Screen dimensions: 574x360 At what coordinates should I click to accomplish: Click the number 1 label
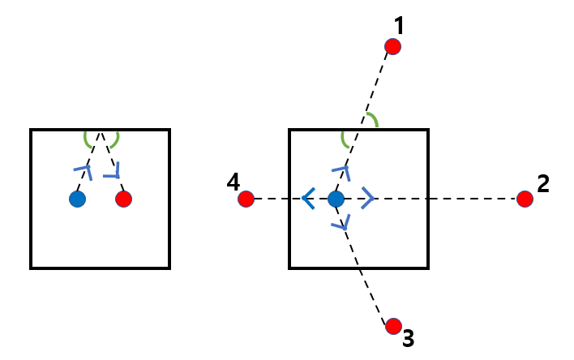coord(398,26)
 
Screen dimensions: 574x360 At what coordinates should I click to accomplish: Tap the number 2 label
coord(543,183)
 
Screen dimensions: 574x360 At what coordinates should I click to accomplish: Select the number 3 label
coord(409,338)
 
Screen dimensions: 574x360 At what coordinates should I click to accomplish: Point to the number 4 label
coord(233,183)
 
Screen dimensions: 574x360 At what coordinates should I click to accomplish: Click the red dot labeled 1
coord(392,47)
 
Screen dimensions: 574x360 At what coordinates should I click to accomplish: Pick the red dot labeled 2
coord(525,199)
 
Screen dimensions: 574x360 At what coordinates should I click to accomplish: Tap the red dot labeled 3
coord(393,326)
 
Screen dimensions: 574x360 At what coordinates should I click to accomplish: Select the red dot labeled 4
coord(246,199)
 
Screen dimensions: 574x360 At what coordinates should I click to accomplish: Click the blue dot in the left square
coord(77,199)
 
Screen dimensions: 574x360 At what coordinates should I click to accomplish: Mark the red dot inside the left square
coord(123,199)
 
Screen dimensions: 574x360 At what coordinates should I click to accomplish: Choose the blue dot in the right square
coord(336,199)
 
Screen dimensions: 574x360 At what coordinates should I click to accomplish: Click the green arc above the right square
coord(372,120)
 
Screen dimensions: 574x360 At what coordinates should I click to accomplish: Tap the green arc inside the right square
coord(345,141)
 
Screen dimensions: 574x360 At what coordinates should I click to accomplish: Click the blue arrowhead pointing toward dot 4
coord(306,198)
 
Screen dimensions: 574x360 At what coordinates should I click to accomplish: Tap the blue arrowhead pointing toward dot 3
coord(345,221)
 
